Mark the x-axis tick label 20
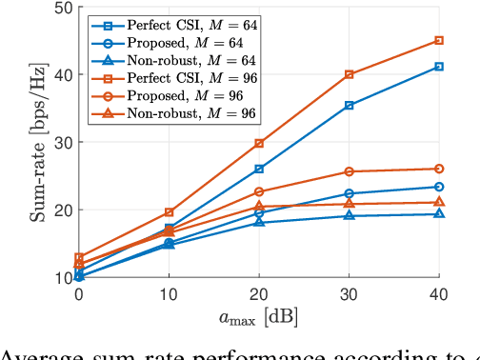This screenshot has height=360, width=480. pyautogui.click(x=259, y=296)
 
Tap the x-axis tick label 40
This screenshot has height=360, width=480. pyautogui.click(x=439, y=296)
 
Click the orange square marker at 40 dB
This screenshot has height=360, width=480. pyautogui.click(x=439, y=41)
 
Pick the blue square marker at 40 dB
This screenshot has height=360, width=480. pyautogui.click(x=439, y=67)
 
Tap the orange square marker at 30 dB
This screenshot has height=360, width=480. pyautogui.click(x=350, y=74)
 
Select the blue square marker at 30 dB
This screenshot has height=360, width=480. pyautogui.click(x=350, y=105)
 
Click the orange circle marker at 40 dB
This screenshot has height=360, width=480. pyautogui.click(x=439, y=169)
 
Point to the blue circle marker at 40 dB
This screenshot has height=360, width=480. pyautogui.click(x=439, y=187)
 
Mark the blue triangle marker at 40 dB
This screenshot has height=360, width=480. pyautogui.click(x=439, y=213)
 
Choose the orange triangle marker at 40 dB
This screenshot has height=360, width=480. pyautogui.click(x=439, y=202)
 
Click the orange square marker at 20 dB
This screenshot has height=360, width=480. pyautogui.click(x=259, y=144)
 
